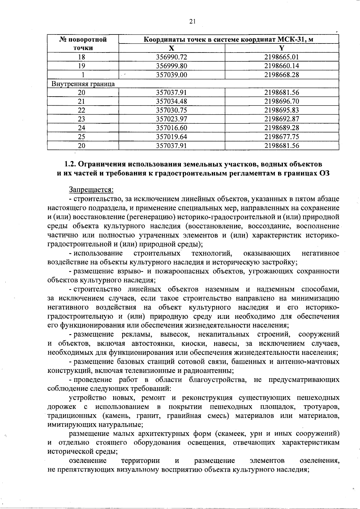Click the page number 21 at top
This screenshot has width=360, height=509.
tap(192, 21)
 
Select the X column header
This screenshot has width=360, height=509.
tap(171, 48)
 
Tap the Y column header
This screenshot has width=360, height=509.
tap(281, 48)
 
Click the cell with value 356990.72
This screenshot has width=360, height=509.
tap(172, 57)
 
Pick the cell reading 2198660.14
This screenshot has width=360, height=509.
tap(281, 66)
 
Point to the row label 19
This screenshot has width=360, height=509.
tap(82, 66)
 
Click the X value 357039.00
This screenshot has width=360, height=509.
tap(172, 75)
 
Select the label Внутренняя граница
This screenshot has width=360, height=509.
tap(83, 84)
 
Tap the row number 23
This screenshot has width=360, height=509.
tap(82, 119)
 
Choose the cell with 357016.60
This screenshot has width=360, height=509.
tap(172, 128)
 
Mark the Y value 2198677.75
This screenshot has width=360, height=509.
tap(281, 137)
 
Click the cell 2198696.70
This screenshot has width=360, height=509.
tap(281, 101)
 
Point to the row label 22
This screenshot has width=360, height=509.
tap(82, 110)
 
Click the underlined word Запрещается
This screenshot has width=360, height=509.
tap(91, 190)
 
